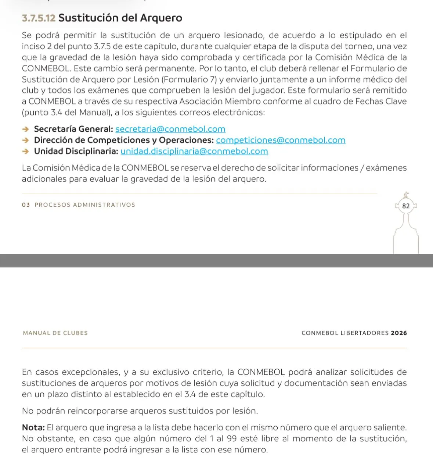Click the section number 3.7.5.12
coord(39,18)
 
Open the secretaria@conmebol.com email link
coord(170,129)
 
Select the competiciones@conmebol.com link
coord(281,140)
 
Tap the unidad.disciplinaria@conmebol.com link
coord(194,151)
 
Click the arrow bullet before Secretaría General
coord(25,129)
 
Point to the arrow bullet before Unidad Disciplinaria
coord(25,151)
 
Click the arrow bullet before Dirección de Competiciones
coord(25,140)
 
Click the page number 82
coord(406,206)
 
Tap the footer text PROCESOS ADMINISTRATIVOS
coord(85,205)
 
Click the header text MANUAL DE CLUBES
coord(55,333)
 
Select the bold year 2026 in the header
coord(399,333)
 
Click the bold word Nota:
coord(33,427)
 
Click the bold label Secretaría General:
coord(73,129)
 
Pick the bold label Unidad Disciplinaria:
coord(76,151)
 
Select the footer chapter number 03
coord(26,205)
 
